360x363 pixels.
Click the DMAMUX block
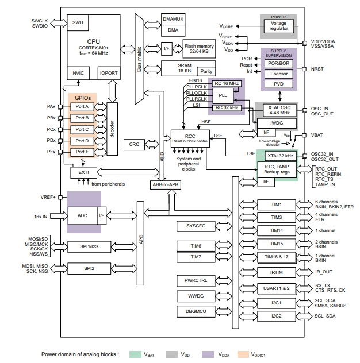click(173, 19)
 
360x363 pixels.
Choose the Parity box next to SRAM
click(206, 71)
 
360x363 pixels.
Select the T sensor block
click(278, 74)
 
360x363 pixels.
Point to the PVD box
click(278, 84)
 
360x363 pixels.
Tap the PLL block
click(223, 94)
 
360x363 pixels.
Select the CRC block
click(135, 144)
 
